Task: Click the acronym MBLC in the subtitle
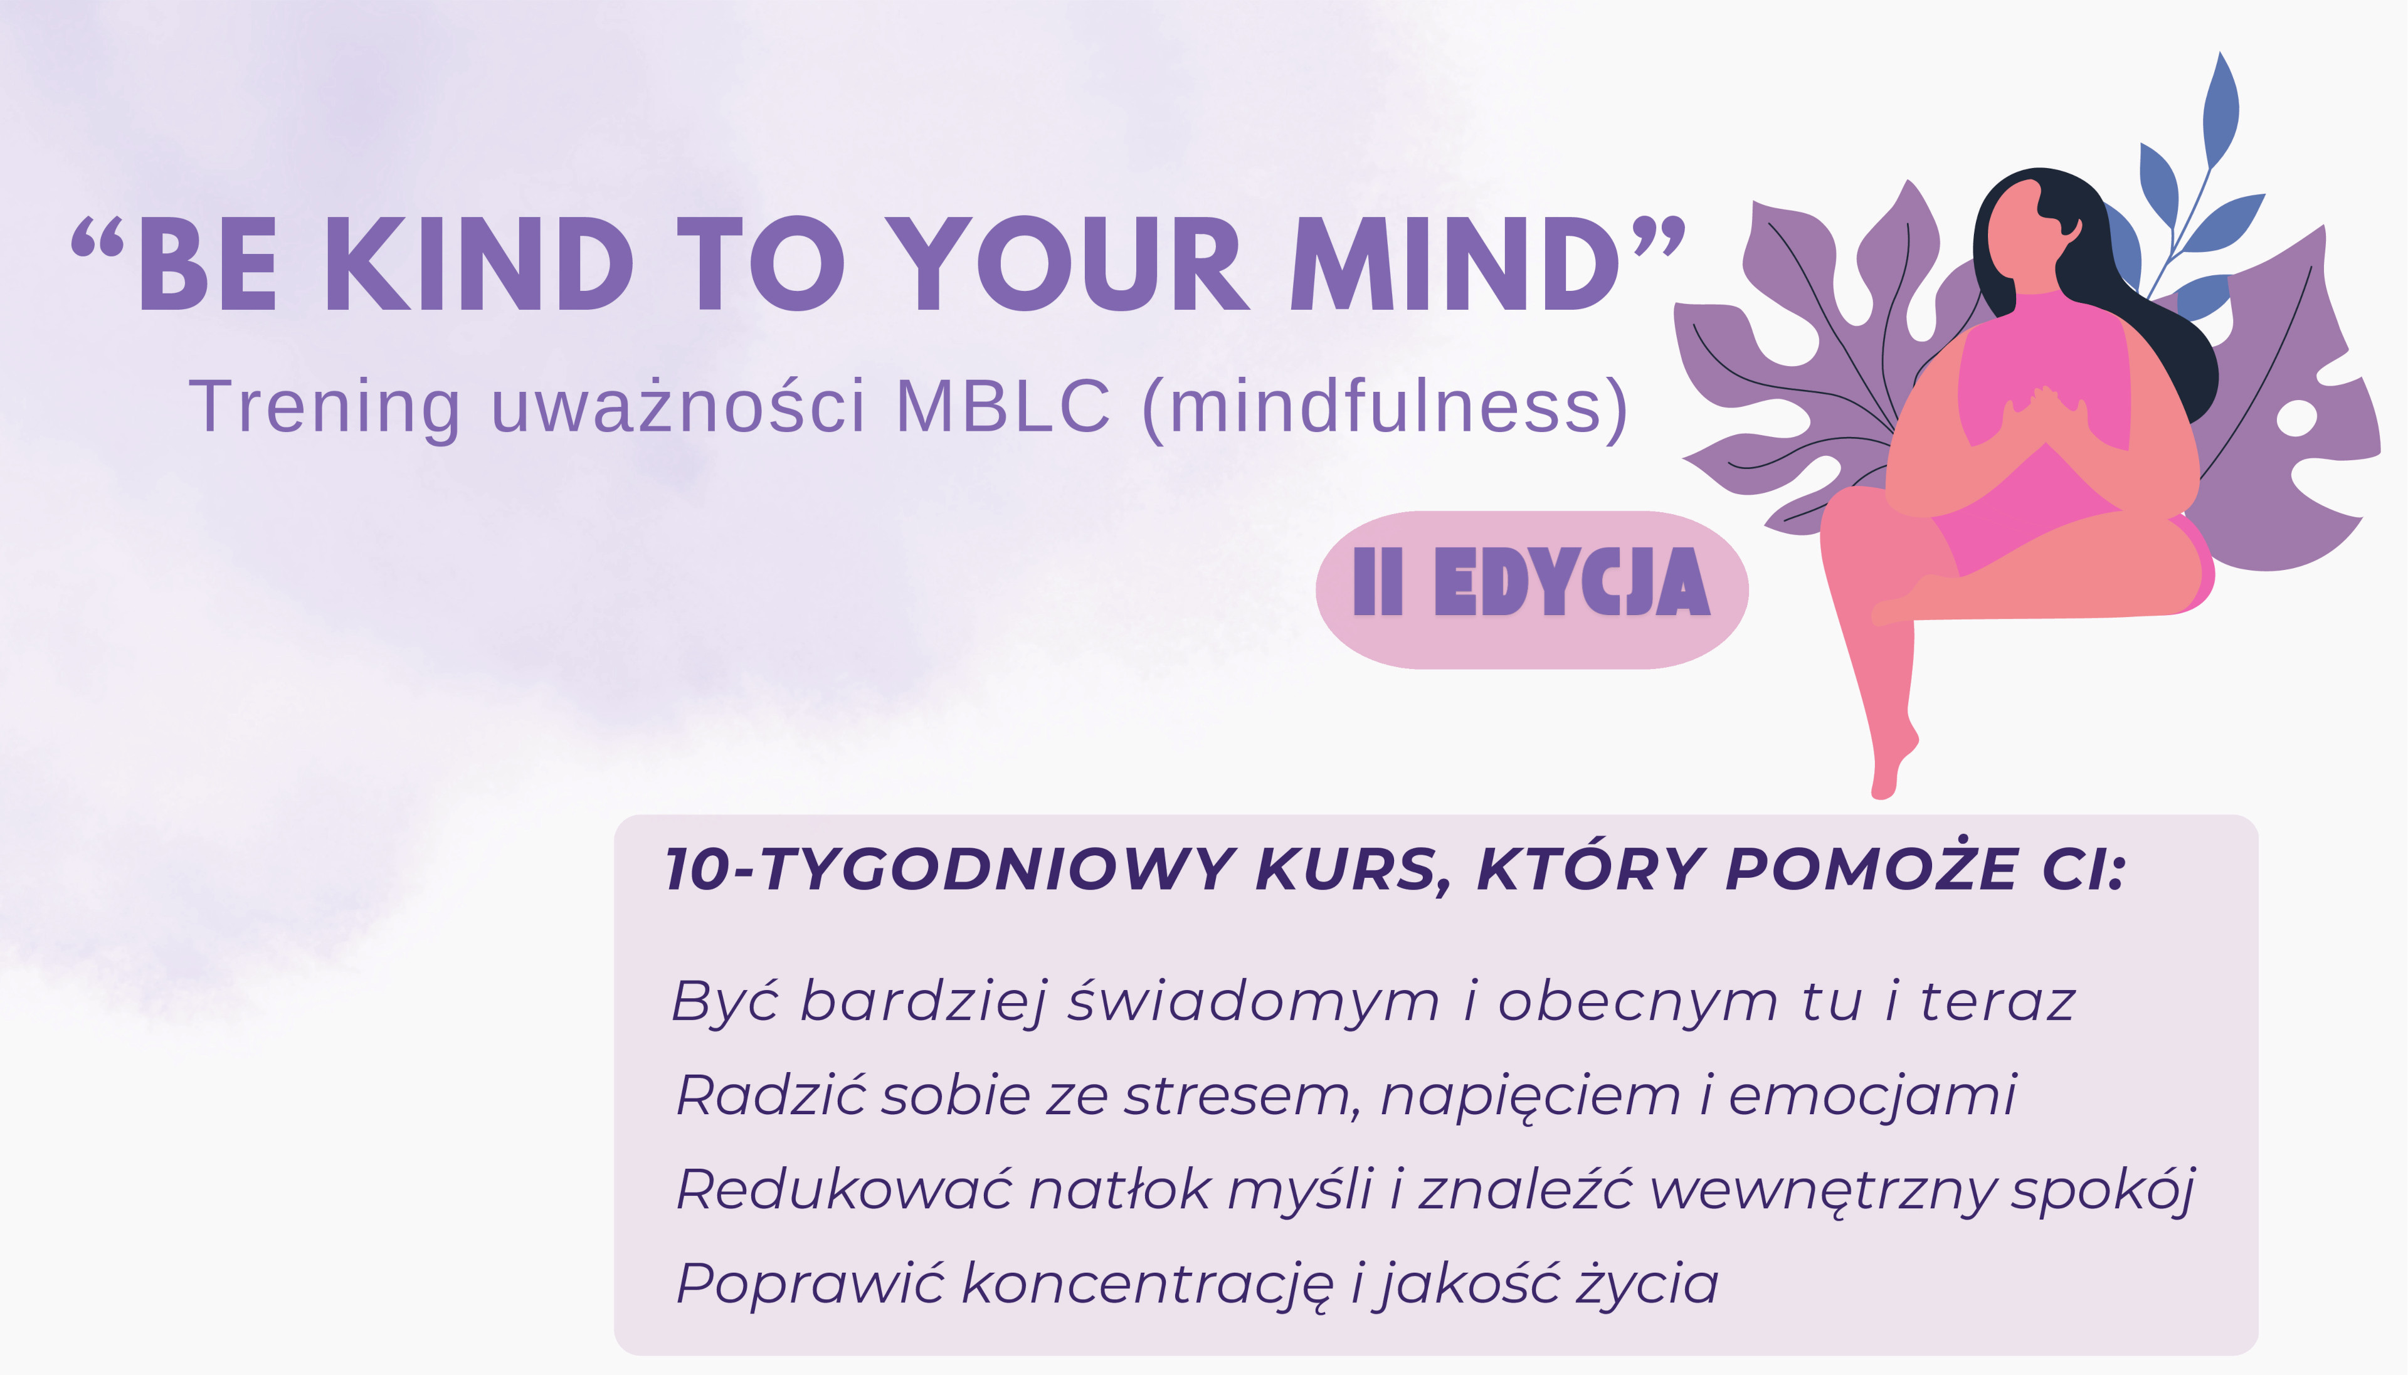click(1002, 407)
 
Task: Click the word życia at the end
click(1649, 1283)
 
